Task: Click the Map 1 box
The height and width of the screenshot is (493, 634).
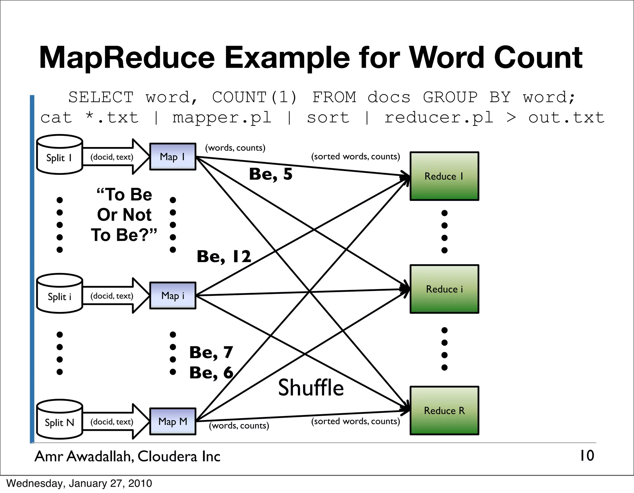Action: click(x=173, y=157)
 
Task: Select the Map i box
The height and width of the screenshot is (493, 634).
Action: click(x=173, y=296)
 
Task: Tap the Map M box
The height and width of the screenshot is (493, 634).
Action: click(x=173, y=422)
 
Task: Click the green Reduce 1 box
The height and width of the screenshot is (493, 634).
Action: click(x=444, y=176)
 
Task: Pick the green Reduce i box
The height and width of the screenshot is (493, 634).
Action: click(x=444, y=289)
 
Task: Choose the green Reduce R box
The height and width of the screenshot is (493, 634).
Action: click(x=444, y=411)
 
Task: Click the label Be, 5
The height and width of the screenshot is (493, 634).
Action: click(x=271, y=174)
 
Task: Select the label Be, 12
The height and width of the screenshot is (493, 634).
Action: click(x=224, y=257)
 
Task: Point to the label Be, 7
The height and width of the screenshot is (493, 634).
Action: click(x=211, y=352)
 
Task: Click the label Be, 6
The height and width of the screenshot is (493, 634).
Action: click(x=211, y=373)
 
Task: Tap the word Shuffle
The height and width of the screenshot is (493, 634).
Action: click(x=311, y=388)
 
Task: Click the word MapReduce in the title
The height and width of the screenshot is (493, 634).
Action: click(x=127, y=58)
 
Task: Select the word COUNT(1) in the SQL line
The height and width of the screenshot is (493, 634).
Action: click(x=254, y=97)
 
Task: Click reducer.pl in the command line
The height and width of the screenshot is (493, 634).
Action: click(x=439, y=118)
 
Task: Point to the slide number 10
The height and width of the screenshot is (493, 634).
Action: click(x=587, y=456)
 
